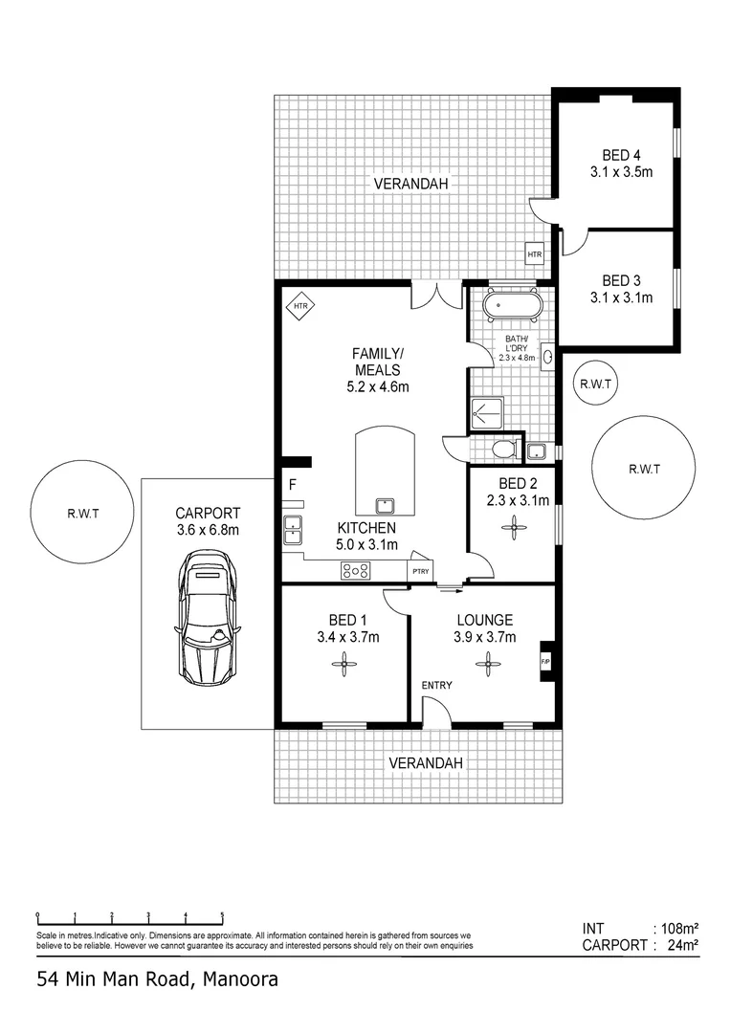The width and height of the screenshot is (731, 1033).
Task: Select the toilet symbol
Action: (502, 449)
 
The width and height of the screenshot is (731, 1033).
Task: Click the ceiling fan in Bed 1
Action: (343, 669)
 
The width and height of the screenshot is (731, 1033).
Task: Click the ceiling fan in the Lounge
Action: (488, 661)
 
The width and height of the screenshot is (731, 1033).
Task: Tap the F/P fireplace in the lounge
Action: (546, 661)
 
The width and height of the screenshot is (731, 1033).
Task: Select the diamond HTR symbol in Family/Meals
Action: (300, 306)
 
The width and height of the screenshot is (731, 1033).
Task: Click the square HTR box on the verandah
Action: (535, 255)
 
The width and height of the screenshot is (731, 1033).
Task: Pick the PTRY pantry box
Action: (421, 571)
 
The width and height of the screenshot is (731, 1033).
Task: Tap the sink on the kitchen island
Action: (387, 504)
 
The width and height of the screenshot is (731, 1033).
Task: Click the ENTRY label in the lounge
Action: (437, 685)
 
